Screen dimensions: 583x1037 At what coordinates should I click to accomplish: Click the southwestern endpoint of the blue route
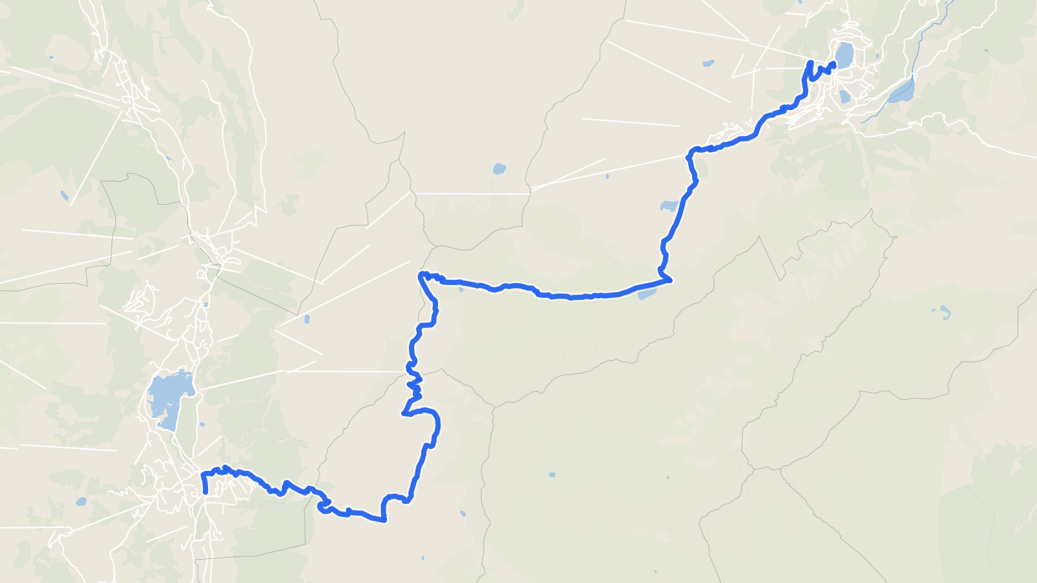[x=205, y=492]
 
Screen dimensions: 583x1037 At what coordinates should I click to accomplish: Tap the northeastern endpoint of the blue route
[x=833, y=63]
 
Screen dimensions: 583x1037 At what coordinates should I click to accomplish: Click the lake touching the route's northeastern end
[x=844, y=55]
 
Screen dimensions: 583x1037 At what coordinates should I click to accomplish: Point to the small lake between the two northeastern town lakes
[x=844, y=97]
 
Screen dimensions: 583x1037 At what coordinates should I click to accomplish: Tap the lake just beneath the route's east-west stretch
[x=647, y=294]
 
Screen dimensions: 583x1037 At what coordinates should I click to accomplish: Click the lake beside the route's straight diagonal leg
[x=668, y=206]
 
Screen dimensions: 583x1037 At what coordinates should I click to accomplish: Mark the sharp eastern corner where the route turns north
[x=671, y=280]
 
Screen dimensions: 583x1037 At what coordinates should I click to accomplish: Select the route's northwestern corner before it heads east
[x=421, y=275]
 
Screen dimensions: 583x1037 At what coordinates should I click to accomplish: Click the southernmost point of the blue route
[x=384, y=520]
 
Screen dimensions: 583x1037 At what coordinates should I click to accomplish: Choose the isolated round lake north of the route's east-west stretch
[x=498, y=169]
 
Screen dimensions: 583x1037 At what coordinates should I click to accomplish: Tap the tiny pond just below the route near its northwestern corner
[x=461, y=289]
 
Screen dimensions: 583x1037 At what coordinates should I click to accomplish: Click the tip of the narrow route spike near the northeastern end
[x=811, y=62]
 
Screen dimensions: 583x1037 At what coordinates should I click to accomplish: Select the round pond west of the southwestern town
[x=81, y=501]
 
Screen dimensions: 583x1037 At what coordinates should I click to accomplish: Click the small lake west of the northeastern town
[x=708, y=63]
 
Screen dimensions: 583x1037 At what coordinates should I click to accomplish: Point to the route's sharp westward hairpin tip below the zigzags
[x=404, y=413]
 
